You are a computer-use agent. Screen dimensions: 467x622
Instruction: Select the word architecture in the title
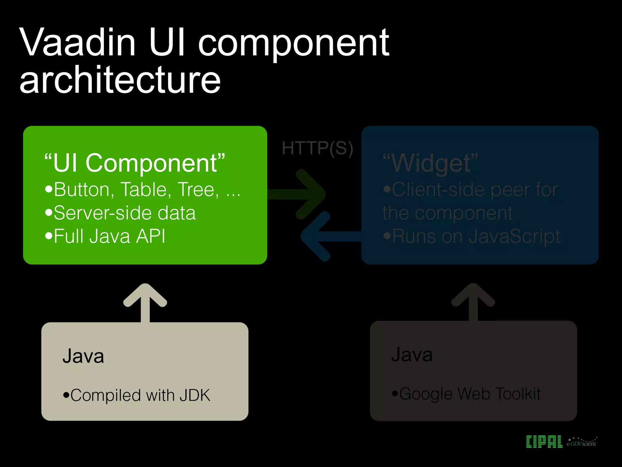point(120,81)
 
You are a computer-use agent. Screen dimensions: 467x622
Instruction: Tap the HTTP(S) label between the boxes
point(317,148)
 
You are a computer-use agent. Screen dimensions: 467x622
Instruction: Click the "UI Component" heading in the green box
point(135,163)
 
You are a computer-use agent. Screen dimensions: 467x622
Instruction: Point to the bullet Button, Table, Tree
point(143,190)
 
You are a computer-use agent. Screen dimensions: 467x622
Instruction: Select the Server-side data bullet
point(121,213)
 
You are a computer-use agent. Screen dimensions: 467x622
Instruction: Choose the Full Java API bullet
point(105,236)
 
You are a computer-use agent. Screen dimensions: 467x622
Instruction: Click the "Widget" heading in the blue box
point(430,163)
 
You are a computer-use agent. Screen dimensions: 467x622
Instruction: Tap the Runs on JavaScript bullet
point(472,236)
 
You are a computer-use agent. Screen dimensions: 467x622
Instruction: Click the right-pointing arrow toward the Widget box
point(301,194)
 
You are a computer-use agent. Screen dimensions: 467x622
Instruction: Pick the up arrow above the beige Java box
point(145,303)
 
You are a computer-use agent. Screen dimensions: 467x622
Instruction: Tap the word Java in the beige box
point(83,356)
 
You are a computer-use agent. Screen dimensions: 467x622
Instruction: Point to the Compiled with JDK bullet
point(137,395)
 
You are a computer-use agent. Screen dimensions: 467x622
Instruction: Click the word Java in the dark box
point(412,355)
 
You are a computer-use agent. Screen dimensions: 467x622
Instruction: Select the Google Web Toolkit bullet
point(466,394)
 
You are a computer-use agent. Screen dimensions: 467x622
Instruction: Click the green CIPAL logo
point(544,442)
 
